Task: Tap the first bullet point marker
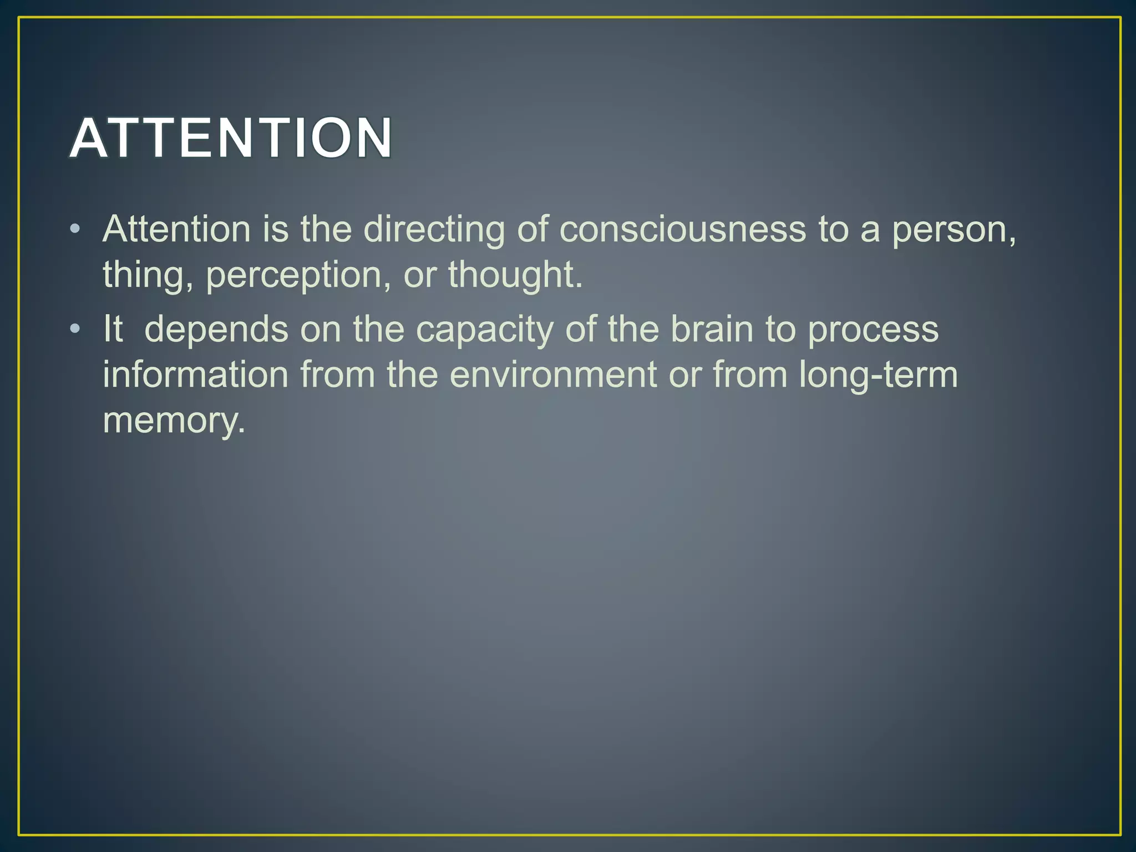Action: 75,229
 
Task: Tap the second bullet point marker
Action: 75,329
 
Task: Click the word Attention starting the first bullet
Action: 177,229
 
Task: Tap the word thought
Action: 515,275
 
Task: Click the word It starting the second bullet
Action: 113,329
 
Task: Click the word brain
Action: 712,329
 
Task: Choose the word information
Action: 196,374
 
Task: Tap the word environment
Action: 553,374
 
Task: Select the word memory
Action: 174,420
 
